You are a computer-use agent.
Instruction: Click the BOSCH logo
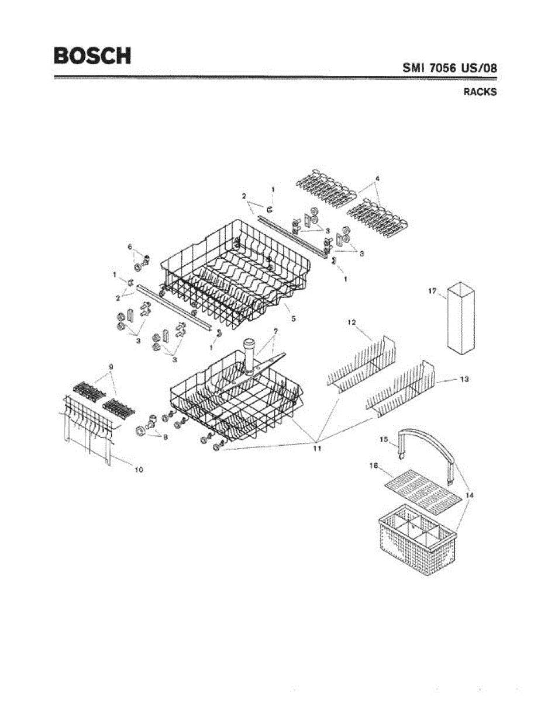pos(92,55)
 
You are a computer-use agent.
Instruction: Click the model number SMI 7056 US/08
pos(450,68)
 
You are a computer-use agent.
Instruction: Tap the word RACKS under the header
pos(480,92)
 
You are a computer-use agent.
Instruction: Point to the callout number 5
pos(293,319)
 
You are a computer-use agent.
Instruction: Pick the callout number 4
pos(378,178)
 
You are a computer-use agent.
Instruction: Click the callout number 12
pos(352,322)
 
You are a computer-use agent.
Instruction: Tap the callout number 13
pos(464,380)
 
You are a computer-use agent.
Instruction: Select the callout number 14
pos(470,495)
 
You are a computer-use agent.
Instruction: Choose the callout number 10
pos(139,469)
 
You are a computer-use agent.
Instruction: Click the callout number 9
pos(110,367)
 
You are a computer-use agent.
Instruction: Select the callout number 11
pos(316,449)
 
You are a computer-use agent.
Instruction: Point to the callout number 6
pos(130,247)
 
